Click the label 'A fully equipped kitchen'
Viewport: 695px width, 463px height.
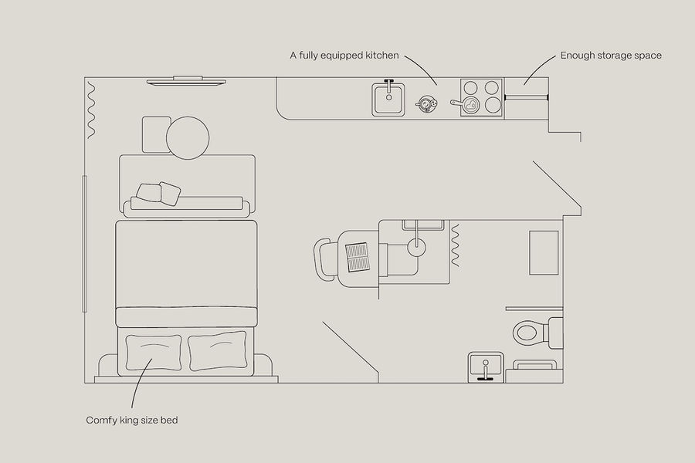pos(344,56)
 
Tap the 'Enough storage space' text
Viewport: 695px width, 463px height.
pos(611,56)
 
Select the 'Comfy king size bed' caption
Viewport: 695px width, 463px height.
pos(132,420)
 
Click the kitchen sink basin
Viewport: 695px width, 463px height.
pos(388,100)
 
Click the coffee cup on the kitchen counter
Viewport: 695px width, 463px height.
pos(427,104)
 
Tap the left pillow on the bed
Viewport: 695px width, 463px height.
pos(154,352)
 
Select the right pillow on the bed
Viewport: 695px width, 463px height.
pos(217,350)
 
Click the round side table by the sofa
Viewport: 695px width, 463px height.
pos(188,138)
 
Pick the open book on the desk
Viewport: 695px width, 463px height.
pos(358,257)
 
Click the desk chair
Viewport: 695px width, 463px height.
pos(325,259)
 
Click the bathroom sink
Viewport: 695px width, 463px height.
pos(486,367)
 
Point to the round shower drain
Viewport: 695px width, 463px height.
pos(416,247)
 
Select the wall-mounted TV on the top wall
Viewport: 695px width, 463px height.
pos(186,80)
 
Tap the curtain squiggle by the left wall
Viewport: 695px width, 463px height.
pos(91,110)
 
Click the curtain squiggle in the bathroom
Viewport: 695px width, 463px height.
pos(455,245)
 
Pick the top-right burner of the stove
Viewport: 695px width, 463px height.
pos(492,88)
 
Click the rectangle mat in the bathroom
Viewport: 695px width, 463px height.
pos(544,252)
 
